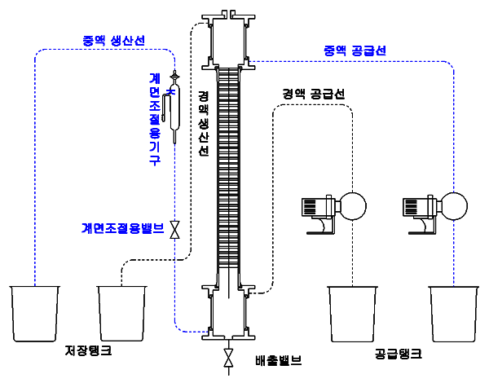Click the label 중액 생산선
(x=114, y=40)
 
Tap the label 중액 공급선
(x=355, y=51)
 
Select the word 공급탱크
(x=399, y=354)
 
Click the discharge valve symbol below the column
(x=229, y=358)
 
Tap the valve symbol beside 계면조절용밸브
(x=175, y=231)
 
